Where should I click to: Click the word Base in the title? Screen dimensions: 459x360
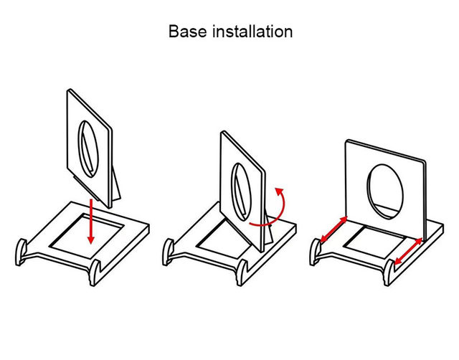point(184,32)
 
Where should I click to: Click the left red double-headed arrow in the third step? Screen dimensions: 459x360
point(331,232)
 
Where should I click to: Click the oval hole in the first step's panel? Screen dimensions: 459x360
point(87,146)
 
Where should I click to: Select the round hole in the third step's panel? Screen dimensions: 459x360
point(389,190)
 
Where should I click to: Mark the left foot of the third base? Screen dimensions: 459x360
point(313,250)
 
